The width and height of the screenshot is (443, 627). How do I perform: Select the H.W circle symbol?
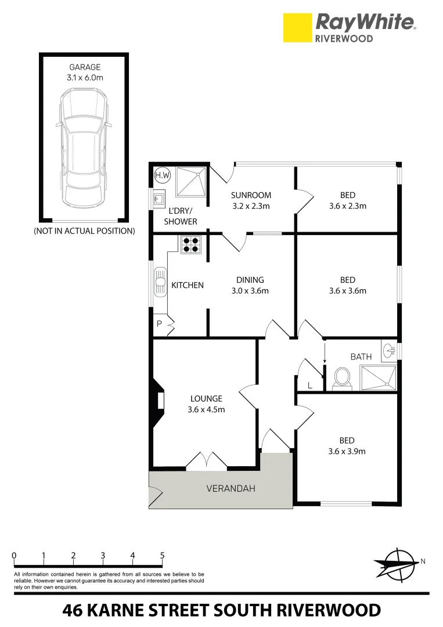click(x=160, y=174)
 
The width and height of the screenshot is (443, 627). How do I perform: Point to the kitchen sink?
click(x=160, y=285)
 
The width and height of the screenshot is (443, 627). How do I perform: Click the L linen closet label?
click(x=309, y=385)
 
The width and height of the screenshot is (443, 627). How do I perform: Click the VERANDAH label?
click(x=230, y=488)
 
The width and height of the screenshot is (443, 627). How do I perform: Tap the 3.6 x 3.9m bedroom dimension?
click(x=346, y=451)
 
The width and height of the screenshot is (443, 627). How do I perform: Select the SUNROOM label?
click(x=251, y=195)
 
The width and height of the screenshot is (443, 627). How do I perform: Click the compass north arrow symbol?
click(x=396, y=564)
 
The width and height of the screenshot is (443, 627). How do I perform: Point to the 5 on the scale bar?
click(x=163, y=556)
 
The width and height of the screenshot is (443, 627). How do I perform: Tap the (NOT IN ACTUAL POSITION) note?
click(x=84, y=230)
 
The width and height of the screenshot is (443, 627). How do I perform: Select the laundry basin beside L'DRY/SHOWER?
click(x=159, y=200)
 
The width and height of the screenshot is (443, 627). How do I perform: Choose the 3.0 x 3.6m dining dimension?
click(x=250, y=291)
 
